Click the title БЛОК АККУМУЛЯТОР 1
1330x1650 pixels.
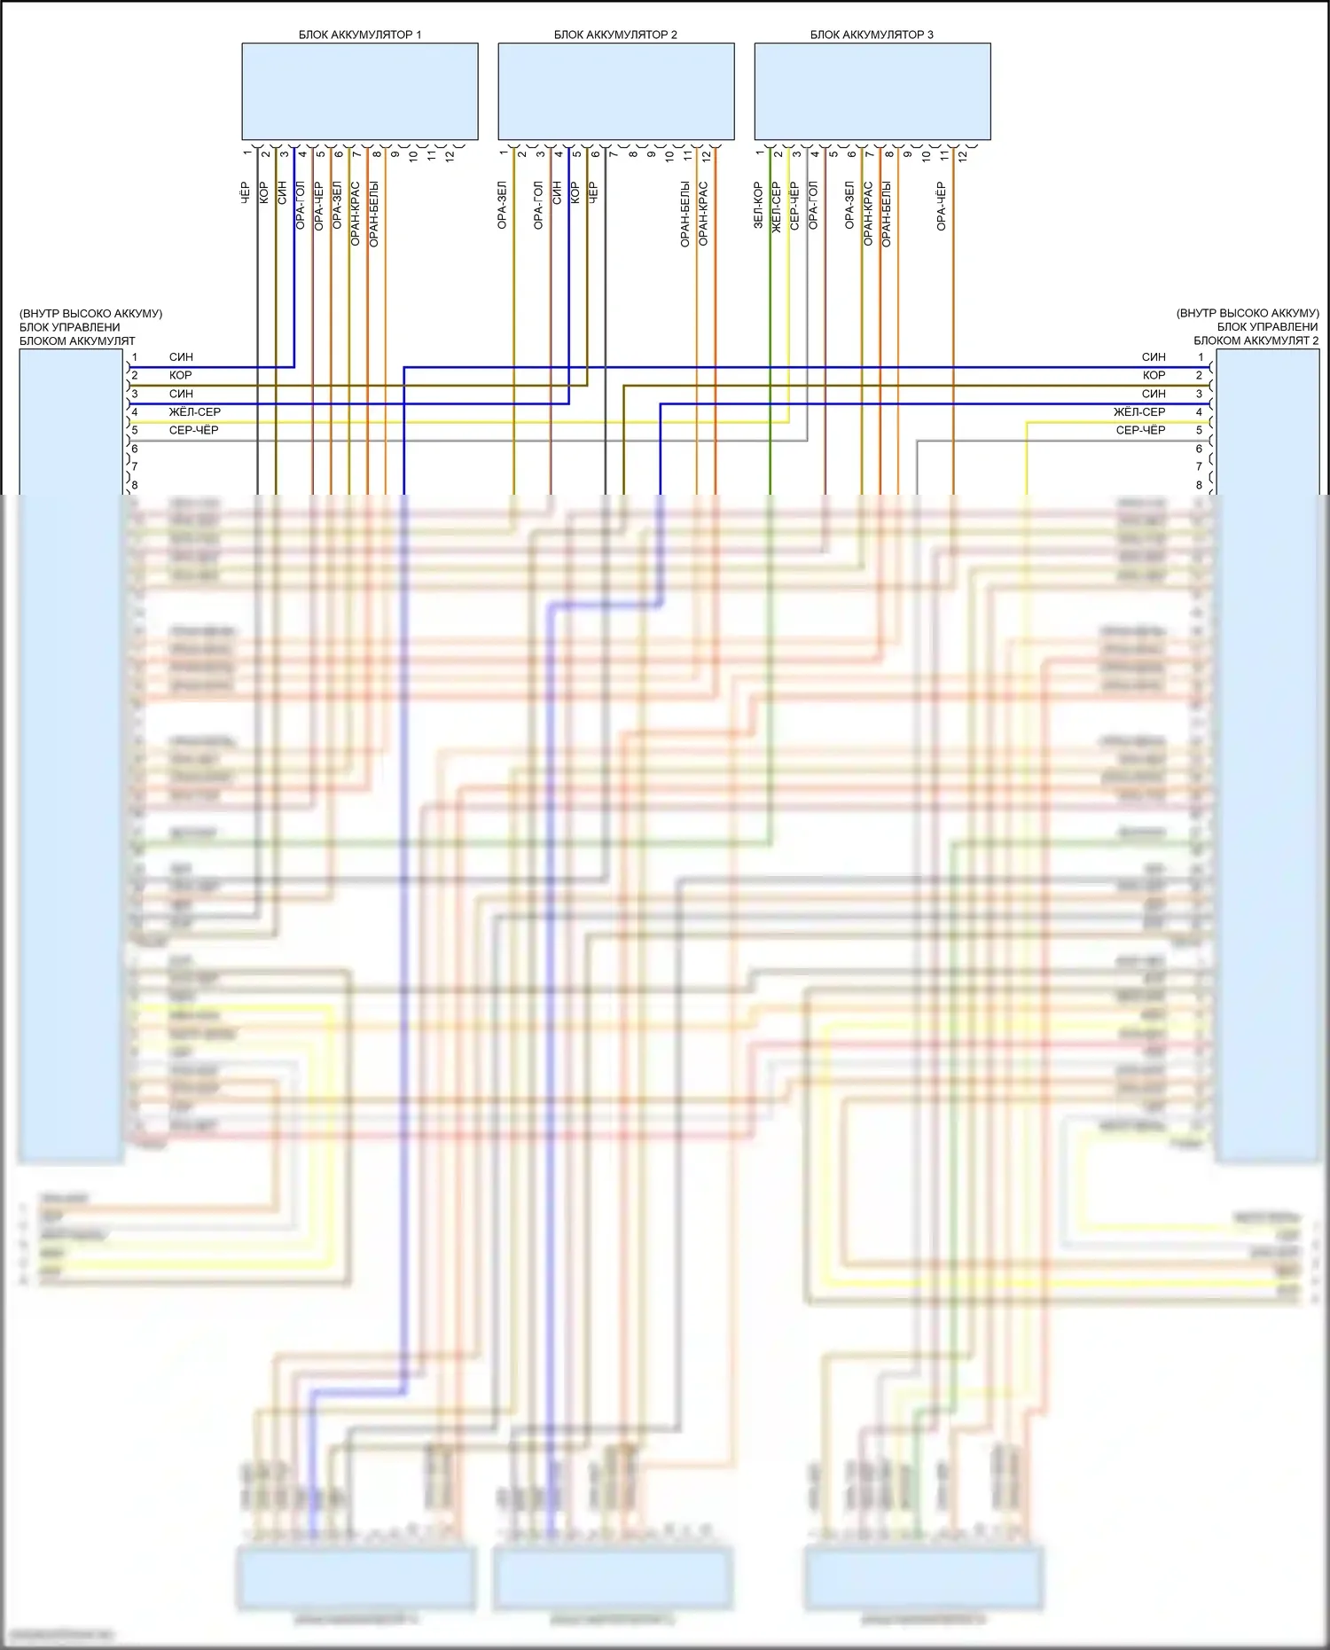360,35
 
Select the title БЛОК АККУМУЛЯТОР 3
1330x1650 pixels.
872,35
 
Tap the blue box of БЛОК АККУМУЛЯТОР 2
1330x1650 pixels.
616,91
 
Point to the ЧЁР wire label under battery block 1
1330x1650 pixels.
246,193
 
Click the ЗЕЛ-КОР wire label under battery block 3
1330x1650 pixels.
758,206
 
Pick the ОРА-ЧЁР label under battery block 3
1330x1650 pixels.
941,207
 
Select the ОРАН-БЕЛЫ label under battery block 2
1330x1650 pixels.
685,214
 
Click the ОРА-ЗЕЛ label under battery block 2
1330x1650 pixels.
502,205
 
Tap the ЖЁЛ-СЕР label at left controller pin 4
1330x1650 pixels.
195,412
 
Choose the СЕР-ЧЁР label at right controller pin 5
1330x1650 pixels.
1140,431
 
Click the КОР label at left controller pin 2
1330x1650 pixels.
181,376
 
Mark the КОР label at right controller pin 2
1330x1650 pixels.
1154,376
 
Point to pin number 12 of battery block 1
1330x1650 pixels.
450,155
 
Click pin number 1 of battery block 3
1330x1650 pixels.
760,153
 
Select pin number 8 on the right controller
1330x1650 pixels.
1199,486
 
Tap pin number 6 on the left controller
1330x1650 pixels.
135,450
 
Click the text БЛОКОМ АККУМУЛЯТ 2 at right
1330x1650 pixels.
1256,341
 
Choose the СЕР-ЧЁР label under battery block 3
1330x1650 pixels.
794,207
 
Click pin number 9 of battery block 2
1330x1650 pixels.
651,154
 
